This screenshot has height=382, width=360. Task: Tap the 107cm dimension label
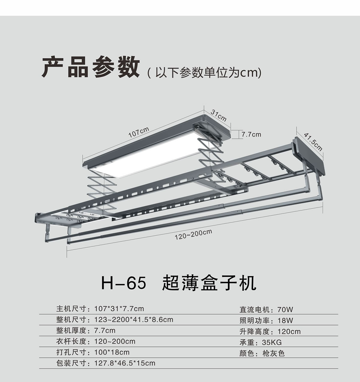coord(139,132)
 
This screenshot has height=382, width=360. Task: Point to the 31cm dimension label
coord(218,115)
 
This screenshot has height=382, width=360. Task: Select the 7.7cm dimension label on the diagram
coord(251,135)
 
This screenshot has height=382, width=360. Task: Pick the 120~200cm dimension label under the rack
coord(193,235)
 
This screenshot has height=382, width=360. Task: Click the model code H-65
coord(124,283)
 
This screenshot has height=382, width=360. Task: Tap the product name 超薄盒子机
coord(209,283)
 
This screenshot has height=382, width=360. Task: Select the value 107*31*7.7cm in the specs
coord(119,309)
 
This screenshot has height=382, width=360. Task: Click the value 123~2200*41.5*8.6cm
coord(133,319)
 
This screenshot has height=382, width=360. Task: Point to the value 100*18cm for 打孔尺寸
coord(112,352)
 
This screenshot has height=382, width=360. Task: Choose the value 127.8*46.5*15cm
coord(125,363)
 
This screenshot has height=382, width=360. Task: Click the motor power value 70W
coord(285,309)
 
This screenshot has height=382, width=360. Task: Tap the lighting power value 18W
coord(285,320)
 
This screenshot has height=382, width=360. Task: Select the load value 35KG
coord(272,342)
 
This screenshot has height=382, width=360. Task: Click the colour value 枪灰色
coord(273,354)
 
